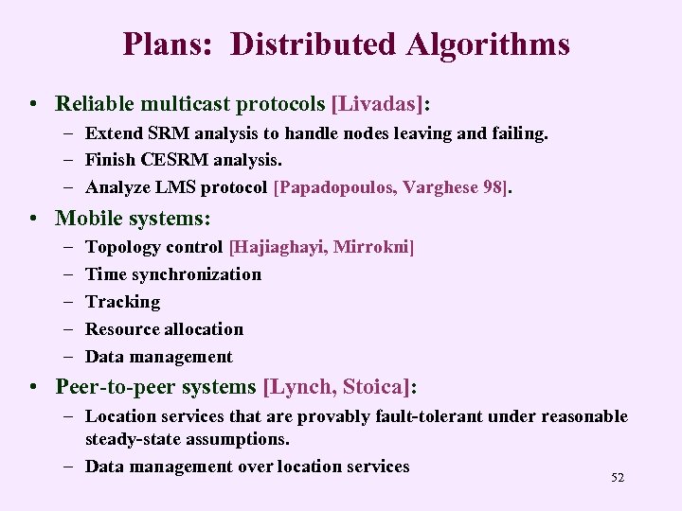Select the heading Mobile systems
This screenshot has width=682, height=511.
(x=134, y=218)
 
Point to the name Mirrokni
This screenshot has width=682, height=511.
(x=377, y=247)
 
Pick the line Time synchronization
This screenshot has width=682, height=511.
(x=173, y=274)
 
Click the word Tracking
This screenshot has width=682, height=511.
(x=123, y=302)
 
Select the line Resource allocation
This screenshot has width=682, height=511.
(x=165, y=329)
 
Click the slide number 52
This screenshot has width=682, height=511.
(x=618, y=478)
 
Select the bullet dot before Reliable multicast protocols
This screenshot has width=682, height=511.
(x=33, y=102)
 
